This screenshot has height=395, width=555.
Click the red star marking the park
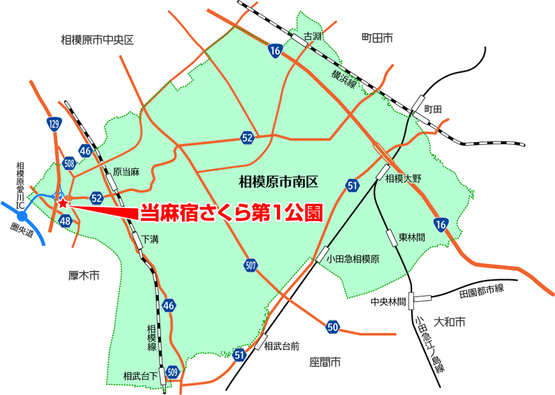point(63,204)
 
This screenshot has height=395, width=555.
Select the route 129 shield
point(55,125)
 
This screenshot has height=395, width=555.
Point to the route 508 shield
point(69,164)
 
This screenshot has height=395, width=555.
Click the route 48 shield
point(66,221)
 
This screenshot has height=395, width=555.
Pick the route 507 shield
point(250,264)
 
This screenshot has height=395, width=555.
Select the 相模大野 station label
point(404,178)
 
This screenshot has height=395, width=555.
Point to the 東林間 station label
point(411,236)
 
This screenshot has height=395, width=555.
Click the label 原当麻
point(126,171)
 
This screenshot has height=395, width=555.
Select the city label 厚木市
point(85,276)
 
